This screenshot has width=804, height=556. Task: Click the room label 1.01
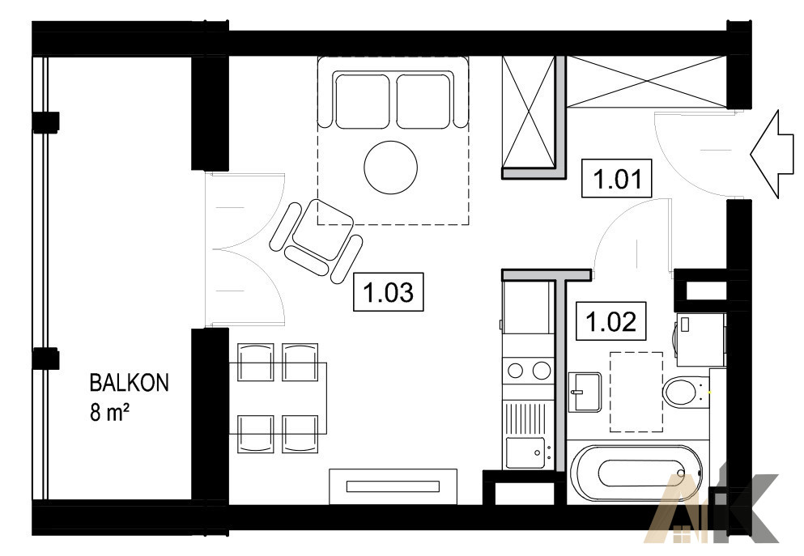point(616,178)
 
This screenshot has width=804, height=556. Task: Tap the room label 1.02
point(610,321)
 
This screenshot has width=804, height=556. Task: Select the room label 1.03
point(388,291)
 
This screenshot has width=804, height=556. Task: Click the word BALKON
point(129,383)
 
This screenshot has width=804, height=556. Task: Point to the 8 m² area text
point(108,411)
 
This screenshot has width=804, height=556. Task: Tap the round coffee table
point(391,168)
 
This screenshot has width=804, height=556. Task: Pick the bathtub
point(635,473)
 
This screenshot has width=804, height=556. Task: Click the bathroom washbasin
point(585,392)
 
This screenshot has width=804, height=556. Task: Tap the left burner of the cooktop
point(515,371)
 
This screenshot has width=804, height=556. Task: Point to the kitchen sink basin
point(525,452)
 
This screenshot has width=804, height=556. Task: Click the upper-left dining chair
point(255,363)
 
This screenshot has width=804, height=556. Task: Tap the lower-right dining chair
point(300,434)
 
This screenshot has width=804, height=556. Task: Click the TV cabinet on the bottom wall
point(393,486)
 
